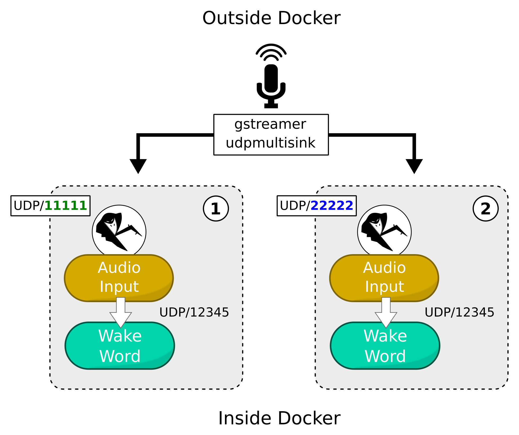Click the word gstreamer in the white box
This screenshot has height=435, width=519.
(x=270, y=124)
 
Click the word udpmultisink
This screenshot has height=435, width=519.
(x=270, y=143)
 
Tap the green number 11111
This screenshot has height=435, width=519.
(x=66, y=206)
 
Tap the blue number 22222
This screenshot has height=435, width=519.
(x=332, y=206)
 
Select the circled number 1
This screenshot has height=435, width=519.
(x=216, y=209)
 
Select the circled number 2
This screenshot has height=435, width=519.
(x=485, y=209)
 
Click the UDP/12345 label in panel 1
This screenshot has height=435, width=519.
(x=194, y=312)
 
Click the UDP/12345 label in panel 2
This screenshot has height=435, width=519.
(x=459, y=312)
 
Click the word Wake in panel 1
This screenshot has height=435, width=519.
(x=120, y=336)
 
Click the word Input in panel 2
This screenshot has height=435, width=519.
(x=384, y=287)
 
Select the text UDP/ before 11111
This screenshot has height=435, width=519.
(x=29, y=206)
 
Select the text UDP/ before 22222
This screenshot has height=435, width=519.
(x=295, y=206)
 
